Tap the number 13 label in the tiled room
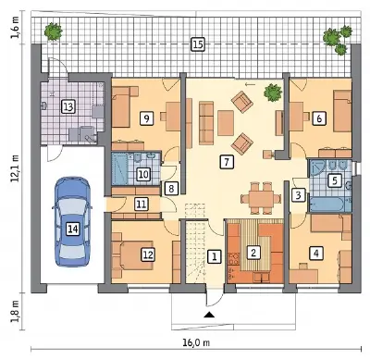click(68, 107)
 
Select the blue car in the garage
click(73, 222)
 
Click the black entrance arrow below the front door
click(210, 315)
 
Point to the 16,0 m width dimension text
click(196, 342)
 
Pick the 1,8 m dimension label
click(16, 311)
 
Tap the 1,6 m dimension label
click(16, 28)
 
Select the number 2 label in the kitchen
click(253, 253)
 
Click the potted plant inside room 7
click(273, 92)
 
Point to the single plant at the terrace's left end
click(54, 31)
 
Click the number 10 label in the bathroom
click(143, 175)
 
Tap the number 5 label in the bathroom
click(335, 180)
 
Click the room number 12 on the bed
click(148, 254)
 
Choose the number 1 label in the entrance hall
click(215, 256)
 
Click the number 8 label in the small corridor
click(171, 188)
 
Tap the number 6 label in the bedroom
click(319, 118)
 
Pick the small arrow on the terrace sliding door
click(250, 84)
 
